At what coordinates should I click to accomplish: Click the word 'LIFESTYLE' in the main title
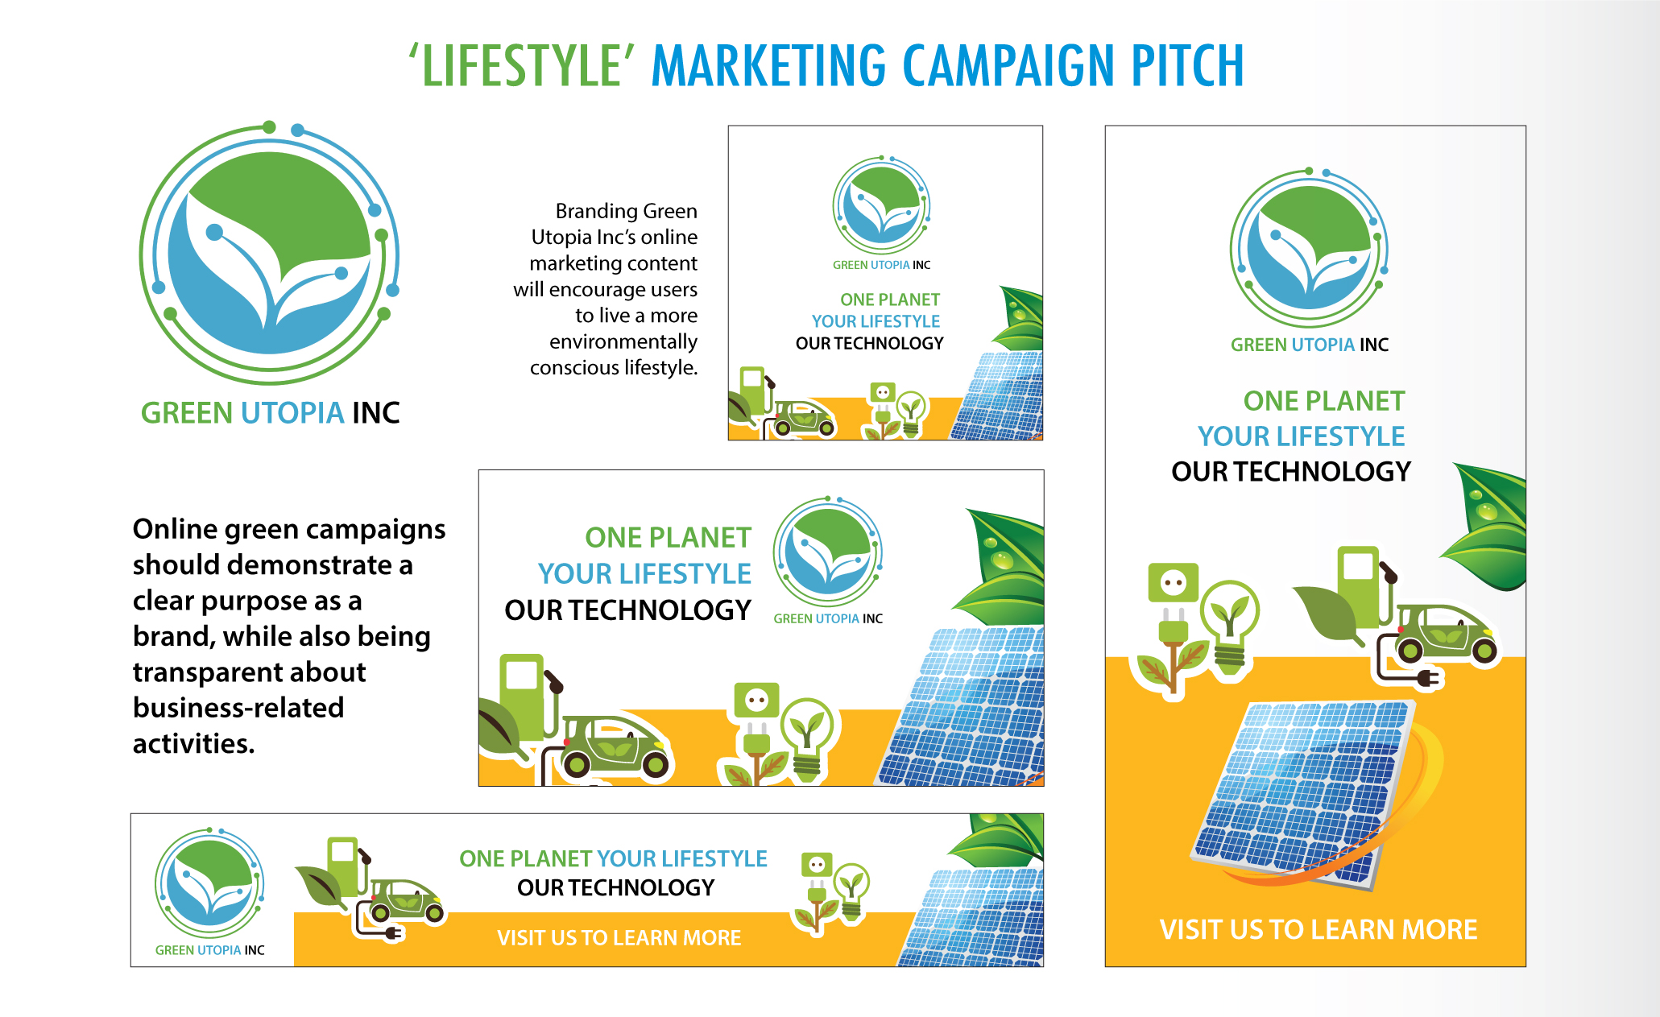(x=521, y=65)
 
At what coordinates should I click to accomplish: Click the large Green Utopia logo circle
(x=269, y=253)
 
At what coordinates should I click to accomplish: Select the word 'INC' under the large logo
(x=376, y=413)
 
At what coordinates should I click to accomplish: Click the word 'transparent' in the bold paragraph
(x=250, y=672)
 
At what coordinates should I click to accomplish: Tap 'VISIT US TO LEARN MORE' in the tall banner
(x=1318, y=929)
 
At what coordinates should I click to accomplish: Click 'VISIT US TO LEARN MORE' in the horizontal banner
(x=619, y=938)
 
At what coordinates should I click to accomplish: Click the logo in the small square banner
(x=882, y=205)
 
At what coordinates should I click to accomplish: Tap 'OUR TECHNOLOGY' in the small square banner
(x=870, y=344)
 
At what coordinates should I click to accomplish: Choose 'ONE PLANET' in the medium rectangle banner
(x=668, y=538)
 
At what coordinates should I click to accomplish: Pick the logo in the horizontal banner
(x=209, y=883)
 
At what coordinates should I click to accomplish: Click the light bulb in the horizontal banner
(x=851, y=891)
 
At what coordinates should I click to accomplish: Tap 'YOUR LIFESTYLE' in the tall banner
(x=1301, y=436)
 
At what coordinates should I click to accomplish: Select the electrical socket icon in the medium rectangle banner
(x=756, y=701)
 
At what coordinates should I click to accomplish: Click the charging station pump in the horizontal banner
(x=345, y=866)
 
